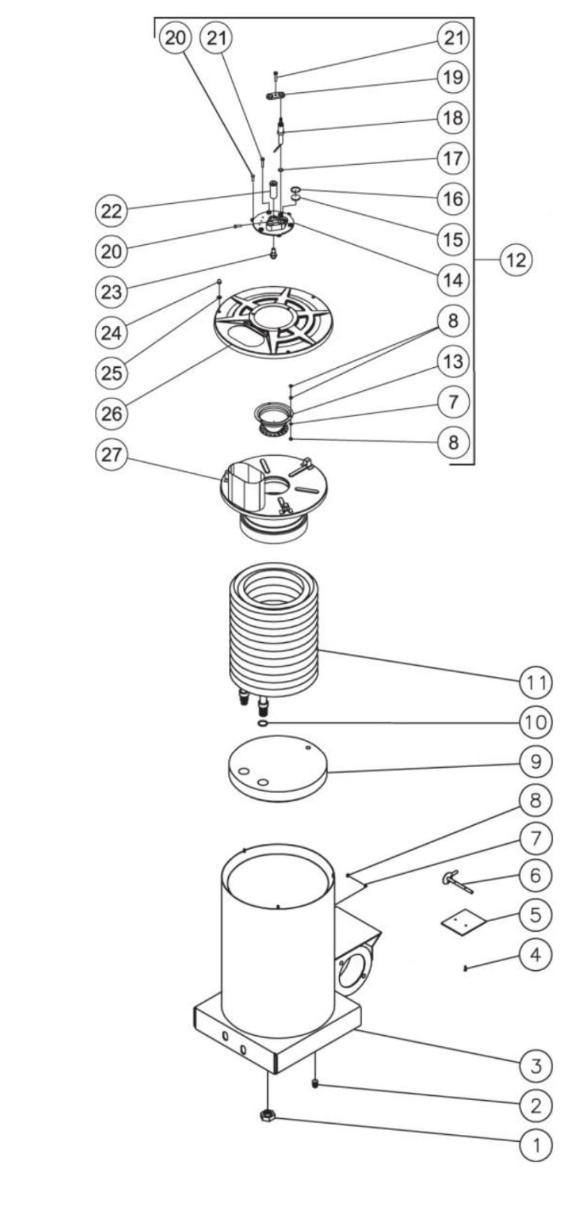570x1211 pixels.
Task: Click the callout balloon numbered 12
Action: (516, 260)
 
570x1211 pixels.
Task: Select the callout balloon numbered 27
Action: (112, 454)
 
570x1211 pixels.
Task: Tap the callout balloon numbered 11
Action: (536, 681)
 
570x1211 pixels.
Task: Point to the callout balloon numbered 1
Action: (536, 1145)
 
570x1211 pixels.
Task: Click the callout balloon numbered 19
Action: (453, 76)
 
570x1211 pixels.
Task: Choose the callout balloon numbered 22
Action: (112, 210)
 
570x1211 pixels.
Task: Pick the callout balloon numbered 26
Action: (112, 413)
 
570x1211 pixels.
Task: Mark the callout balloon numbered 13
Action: (453, 361)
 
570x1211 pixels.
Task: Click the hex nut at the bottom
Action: (267, 1116)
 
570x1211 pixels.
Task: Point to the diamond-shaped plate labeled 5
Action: (462, 921)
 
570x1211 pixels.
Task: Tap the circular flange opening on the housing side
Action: (356, 971)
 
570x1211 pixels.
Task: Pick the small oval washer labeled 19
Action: (277, 95)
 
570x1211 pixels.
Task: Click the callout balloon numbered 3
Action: (536, 1065)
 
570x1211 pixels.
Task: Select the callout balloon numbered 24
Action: (112, 332)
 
